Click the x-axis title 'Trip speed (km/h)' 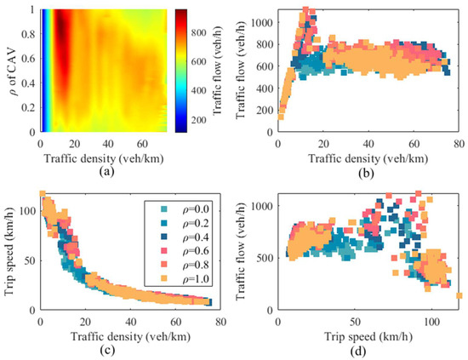pyautogui.click(x=368, y=335)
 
